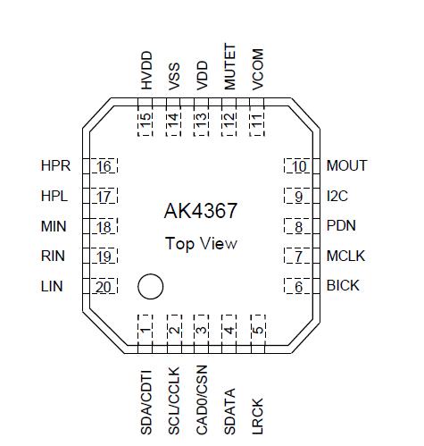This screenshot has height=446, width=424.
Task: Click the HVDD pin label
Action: pyautogui.click(x=146, y=70)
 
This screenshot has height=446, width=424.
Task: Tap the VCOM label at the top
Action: pyautogui.click(x=257, y=66)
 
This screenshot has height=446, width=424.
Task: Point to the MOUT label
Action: pyautogui.click(x=346, y=166)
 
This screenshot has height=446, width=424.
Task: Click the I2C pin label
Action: pyautogui.click(x=337, y=197)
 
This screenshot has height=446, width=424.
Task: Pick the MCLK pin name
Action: pyautogui.click(x=345, y=257)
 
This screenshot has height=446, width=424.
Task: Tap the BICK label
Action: pyautogui.click(x=343, y=286)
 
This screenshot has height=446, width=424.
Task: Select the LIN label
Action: pyautogui.click(x=53, y=286)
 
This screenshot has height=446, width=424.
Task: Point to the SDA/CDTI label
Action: pyautogui.click(x=146, y=401)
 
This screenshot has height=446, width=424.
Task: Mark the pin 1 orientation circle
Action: pyautogui.click(x=150, y=286)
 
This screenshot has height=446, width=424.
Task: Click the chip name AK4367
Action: pyautogui.click(x=201, y=211)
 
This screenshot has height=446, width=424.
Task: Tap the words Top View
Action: pyautogui.click(x=201, y=243)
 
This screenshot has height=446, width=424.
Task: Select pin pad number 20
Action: pyautogui.click(x=104, y=286)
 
